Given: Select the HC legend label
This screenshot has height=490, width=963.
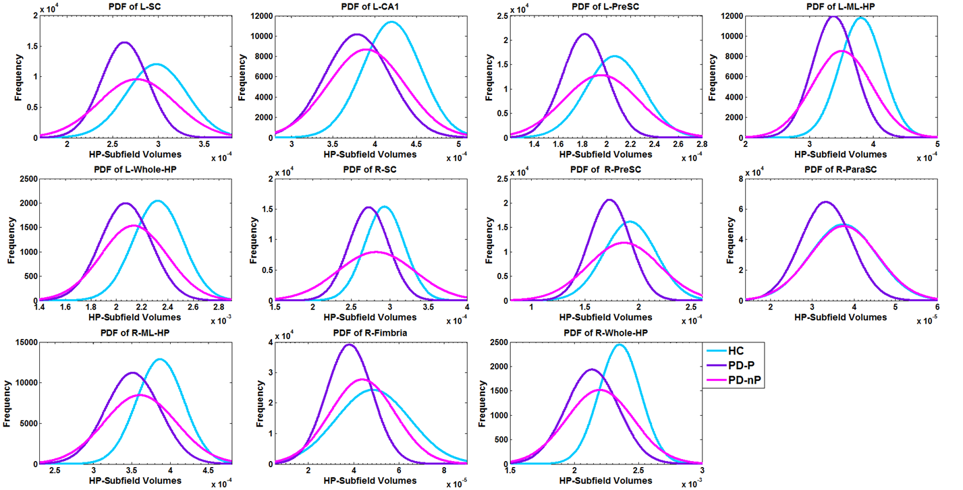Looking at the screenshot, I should tap(735, 352).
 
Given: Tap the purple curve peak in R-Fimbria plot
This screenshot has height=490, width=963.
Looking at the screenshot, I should tap(349, 345).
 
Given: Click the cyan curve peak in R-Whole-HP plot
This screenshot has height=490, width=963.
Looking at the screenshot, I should tap(619, 345).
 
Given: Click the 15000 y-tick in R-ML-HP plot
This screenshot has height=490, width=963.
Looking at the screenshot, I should tap(26, 342).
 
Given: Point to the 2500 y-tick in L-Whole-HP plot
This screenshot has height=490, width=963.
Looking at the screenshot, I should tap(26, 179).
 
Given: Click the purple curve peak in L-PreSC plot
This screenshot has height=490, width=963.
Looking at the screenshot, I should tap(584, 34).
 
